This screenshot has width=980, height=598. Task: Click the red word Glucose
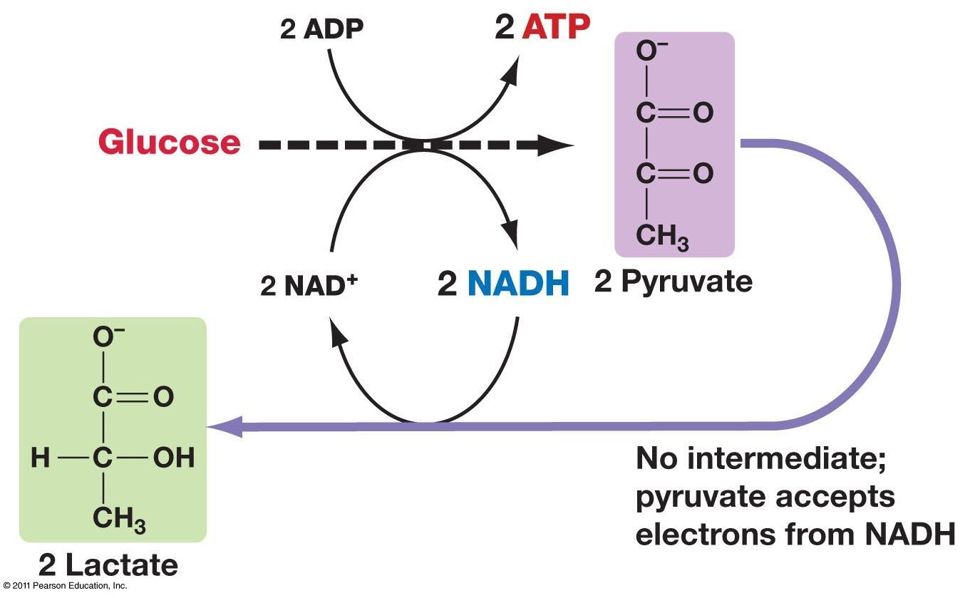pyautogui.click(x=169, y=143)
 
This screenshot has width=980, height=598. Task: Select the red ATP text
pyautogui.click(x=556, y=28)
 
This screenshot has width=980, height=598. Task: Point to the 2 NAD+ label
pyautogui.click(x=307, y=285)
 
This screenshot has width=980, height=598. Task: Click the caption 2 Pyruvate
pyautogui.click(x=673, y=282)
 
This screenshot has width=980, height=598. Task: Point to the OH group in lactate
pyautogui.click(x=174, y=458)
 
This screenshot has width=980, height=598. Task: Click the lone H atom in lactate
pyautogui.click(x=41, y=458)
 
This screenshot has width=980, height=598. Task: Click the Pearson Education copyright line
pyautogui.click(x=65, y=586)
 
